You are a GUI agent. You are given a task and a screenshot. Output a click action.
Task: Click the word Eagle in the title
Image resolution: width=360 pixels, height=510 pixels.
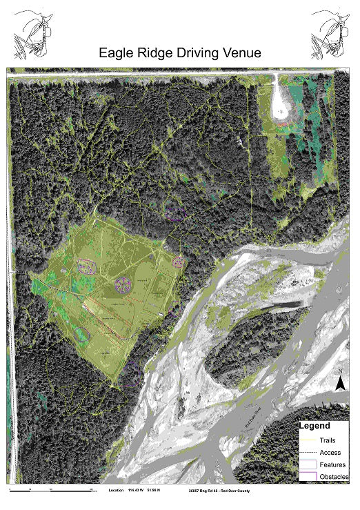coord(119,52)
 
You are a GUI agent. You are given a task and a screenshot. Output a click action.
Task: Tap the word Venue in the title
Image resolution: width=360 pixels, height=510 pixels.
coord(241,52)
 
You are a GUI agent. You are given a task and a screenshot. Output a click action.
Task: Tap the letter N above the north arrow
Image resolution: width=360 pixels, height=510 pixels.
coord(341,372)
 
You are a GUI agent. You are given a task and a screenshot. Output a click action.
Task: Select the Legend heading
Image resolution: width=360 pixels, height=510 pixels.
coord(314,426)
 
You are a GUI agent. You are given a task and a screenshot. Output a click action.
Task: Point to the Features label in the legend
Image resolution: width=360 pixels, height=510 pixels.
coord(334,464)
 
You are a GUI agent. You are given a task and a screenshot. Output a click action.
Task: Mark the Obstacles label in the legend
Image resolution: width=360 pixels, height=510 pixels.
coord(335,477)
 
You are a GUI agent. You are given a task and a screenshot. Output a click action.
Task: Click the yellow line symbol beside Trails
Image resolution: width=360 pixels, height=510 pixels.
coord(308,439)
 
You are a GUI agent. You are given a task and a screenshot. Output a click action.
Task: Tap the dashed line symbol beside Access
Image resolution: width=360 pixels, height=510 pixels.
coord(308,452)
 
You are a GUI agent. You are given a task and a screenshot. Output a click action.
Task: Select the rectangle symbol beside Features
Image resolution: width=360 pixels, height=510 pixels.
coord(308,464)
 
